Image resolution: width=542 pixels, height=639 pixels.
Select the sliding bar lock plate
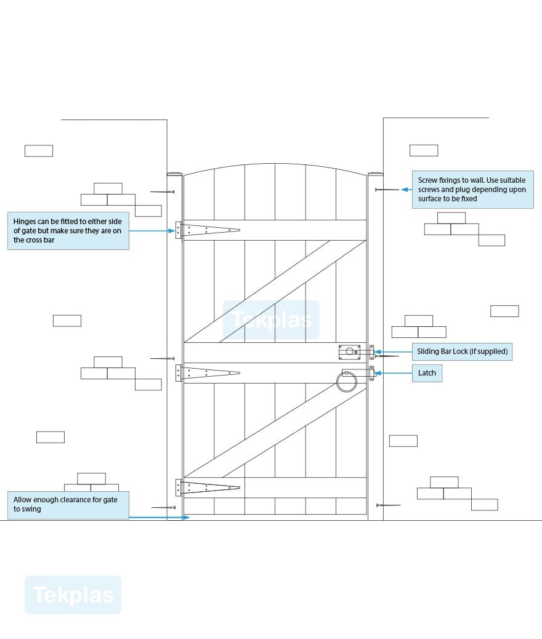click(349, 352)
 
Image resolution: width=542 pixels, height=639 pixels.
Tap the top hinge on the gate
click(208, 230)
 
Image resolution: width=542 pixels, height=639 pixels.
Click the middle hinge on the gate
click(208, 372)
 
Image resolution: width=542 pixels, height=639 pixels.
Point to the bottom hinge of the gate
click(208, 488)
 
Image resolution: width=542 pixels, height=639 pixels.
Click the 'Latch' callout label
click(427, 373)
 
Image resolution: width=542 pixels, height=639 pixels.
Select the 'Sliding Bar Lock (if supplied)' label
click(462, 352)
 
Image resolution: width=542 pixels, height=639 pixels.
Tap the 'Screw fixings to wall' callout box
click(472, 190)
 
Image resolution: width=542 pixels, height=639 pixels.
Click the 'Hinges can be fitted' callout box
click(68, 231)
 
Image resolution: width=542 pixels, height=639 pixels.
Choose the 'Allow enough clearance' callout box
click(68, 505)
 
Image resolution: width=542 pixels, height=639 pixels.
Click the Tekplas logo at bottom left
click(73, 595)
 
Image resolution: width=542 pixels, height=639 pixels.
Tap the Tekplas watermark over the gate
click(271, 320)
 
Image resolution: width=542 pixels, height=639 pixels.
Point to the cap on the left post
click(175, 174)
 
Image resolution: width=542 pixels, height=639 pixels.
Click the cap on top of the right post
click(375, 174)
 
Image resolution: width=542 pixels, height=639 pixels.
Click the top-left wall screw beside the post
click(163, 192)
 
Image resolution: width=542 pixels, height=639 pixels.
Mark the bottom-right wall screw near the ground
click(388, 505)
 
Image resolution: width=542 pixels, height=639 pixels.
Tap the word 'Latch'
click(427, 373)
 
